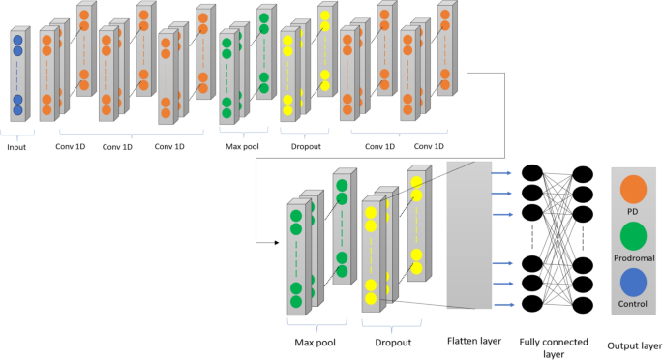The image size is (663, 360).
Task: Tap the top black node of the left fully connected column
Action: [531, 172]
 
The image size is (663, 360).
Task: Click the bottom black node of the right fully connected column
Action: [583, 305]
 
